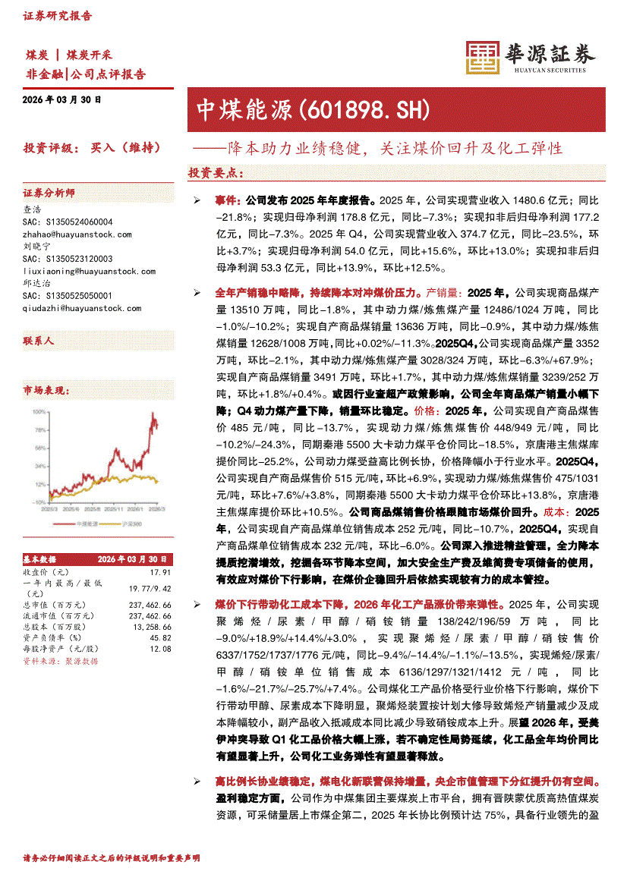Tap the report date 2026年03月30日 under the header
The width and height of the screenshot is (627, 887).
[62, 99]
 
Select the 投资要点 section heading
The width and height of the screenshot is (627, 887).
[216, 173]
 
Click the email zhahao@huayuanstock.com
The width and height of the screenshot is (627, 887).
[77, 234]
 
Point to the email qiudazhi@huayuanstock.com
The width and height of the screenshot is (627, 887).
[82, 308]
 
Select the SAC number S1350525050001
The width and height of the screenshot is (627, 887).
[68, 296]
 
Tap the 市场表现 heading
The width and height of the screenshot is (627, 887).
[46, 391]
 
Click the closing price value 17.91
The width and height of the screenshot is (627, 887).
[161, 571]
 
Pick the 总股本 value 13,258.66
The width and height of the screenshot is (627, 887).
[151, 627]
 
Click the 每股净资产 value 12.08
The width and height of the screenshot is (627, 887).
[161, 649]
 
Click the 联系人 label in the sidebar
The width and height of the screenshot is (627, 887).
[39, 341]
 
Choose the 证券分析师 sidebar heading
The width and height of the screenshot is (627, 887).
[49, 193]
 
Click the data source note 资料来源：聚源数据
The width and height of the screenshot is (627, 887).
[61, 661]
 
